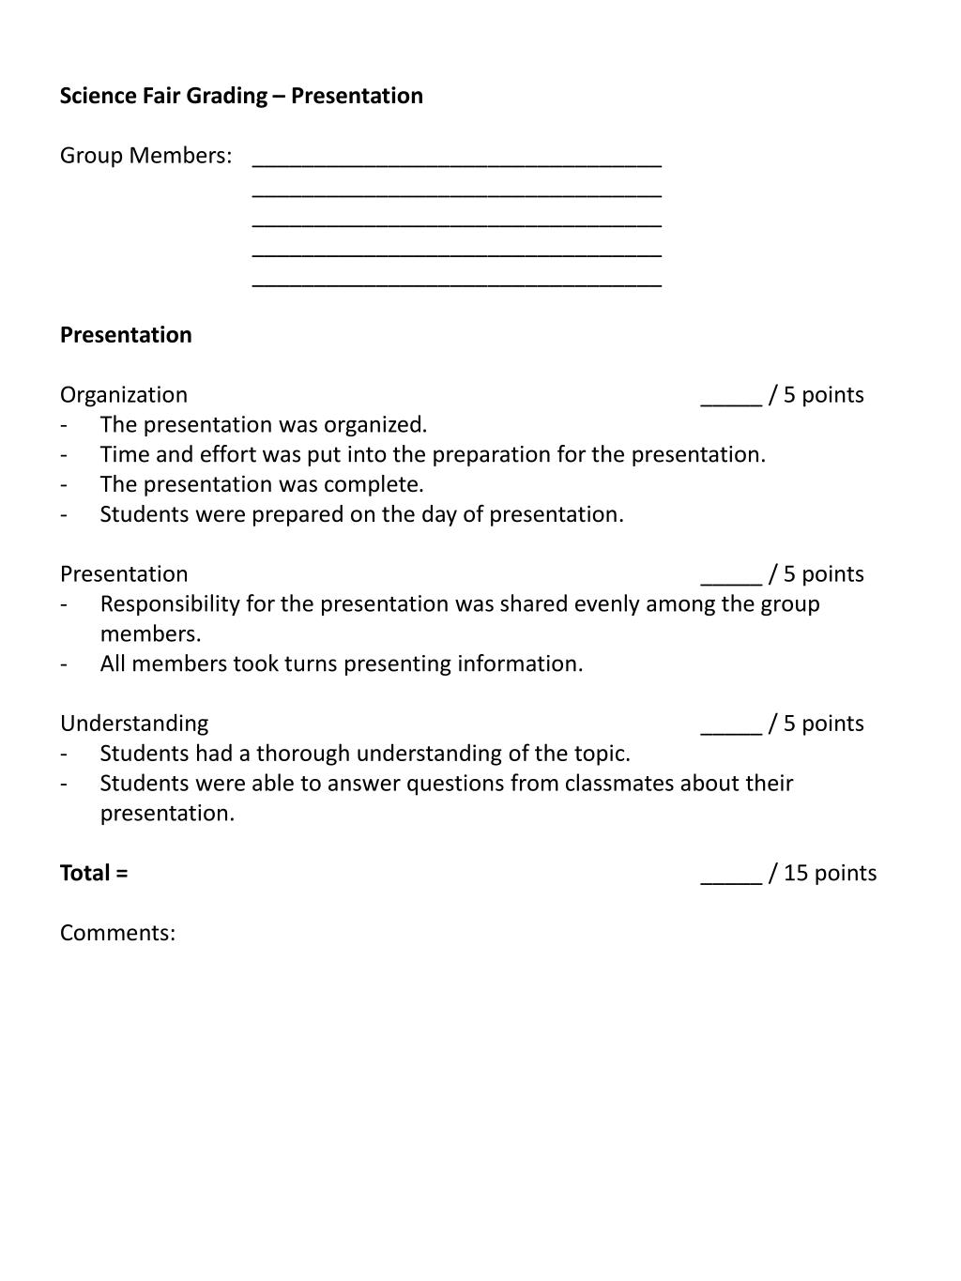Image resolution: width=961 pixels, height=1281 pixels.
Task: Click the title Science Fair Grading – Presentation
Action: [241, 96]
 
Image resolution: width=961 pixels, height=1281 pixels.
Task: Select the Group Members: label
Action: [145, 156]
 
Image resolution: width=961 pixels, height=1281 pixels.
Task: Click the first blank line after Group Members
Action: [457, 161]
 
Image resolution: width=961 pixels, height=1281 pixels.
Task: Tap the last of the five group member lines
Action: [457, 282]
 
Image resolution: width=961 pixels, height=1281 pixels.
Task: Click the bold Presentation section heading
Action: [126, 335]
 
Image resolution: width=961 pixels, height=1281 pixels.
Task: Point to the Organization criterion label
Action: [124, 395]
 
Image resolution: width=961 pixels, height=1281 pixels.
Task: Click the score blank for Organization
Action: [731, 399]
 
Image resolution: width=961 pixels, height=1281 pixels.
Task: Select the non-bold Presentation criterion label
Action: [124, 574]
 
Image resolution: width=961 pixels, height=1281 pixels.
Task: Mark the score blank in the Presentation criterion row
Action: [731, 578]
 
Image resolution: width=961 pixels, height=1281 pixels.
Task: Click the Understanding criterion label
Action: [134, 724]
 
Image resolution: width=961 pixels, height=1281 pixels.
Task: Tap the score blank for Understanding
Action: [731, 727]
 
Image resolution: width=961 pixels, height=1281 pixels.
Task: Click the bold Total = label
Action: [94, 873]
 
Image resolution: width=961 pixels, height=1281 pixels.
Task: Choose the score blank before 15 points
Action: [731, 877]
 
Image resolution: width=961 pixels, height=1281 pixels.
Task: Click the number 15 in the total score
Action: [796, 873]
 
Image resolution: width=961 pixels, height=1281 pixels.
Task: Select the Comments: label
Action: [117, 933]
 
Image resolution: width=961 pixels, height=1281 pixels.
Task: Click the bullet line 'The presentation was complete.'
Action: [262, 484]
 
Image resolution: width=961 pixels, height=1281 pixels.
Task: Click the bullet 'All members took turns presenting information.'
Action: [342, 664]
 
